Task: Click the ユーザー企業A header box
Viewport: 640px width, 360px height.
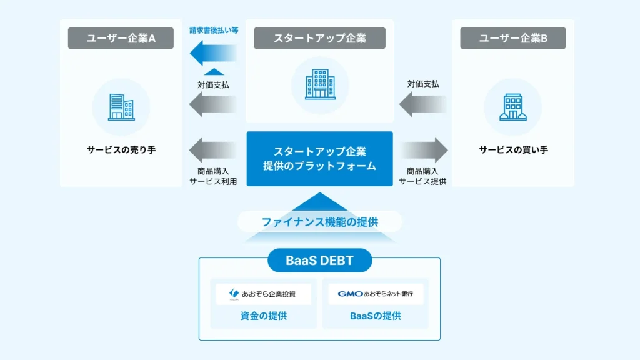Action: click(x=121, y=39)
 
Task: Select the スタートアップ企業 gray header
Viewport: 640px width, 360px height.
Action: click(x=319, y=39)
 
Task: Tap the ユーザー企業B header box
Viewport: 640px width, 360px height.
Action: click(x=513, y=39)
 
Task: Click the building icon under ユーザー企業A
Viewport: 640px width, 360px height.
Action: click(x=121, y=107)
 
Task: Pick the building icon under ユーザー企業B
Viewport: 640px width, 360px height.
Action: click(x=513, y=107)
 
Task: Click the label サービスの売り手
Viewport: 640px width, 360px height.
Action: click(x=121, y=150)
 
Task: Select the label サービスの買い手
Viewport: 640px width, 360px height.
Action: click(x=513, y=150)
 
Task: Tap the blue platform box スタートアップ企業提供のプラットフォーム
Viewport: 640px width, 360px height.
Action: click(x=319, y=159)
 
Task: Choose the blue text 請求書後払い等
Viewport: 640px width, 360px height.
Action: click(x=214, y=30)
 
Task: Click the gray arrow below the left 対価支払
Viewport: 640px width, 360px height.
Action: click(x=212, y=104)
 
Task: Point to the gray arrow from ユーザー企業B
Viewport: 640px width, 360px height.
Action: click(x=423, y=104)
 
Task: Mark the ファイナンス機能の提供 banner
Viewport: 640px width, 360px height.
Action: click(x=319, y=221)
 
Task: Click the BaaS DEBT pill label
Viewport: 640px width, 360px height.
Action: click(x=319, y=261)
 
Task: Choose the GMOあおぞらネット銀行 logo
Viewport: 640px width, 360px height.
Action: click(x=376, y=294)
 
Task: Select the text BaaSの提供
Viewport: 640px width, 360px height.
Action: click(x=376, y=316)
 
